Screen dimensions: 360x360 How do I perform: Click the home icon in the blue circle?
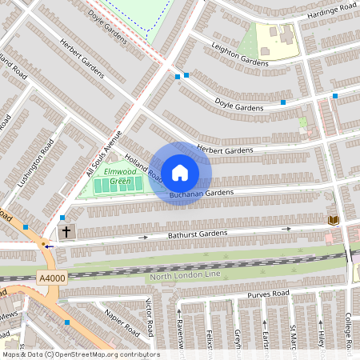[x=180, y=173]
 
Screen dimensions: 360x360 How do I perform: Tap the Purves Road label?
[x=268, y=294]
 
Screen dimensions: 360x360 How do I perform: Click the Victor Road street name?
[x=148, y=318]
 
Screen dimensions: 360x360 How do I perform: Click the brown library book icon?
[x=333, y=220]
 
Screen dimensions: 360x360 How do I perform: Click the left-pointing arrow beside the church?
[x=50, y=246]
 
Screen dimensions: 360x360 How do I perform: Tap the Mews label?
[x=10, y=314]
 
